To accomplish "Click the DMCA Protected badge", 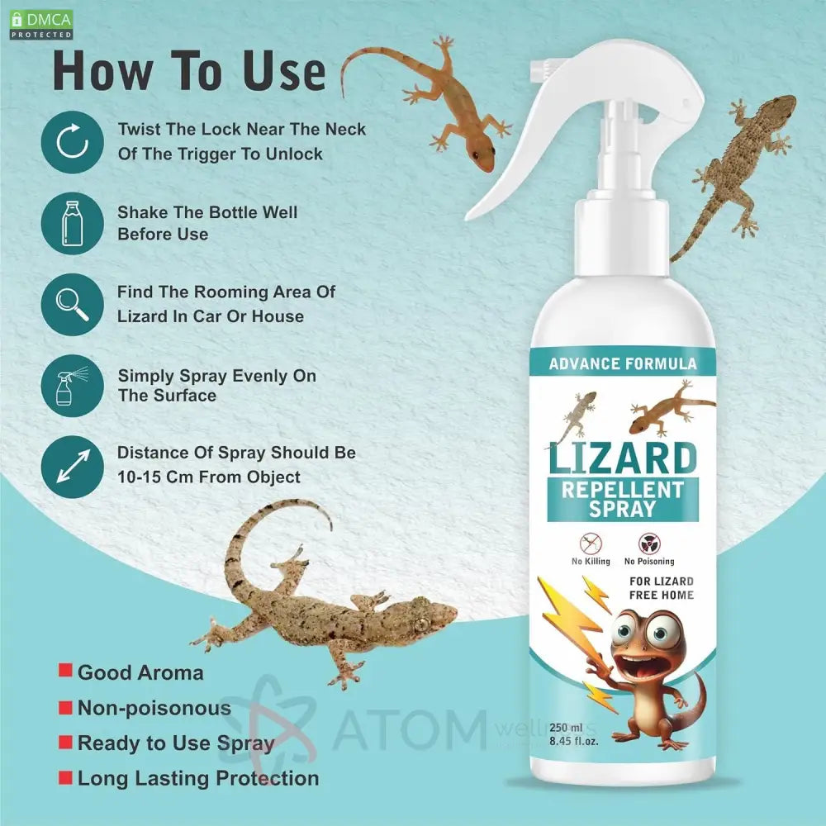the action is click(41, 25).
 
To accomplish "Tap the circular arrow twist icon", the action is click(72, 142).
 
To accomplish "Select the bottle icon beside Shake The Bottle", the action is click(72, 223).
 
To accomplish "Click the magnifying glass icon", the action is click(72, 305).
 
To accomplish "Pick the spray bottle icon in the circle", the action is click(72, 386).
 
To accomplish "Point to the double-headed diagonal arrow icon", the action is click(72, 467).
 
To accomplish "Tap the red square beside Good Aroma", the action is click(65, 671).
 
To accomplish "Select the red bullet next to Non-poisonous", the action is click(65, 707).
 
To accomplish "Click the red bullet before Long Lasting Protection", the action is click(65, 777).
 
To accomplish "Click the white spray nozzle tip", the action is click(540, 67).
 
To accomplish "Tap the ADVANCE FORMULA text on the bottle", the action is click(623, 363).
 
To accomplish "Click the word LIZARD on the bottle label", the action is click(623, 458).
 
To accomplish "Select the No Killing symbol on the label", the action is click(591, 543).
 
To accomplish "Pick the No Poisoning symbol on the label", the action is click(649, 544).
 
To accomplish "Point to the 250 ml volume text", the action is click(566, 728).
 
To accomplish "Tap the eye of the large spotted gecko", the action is click(421, 624).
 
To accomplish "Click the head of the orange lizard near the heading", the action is click(482, 155).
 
